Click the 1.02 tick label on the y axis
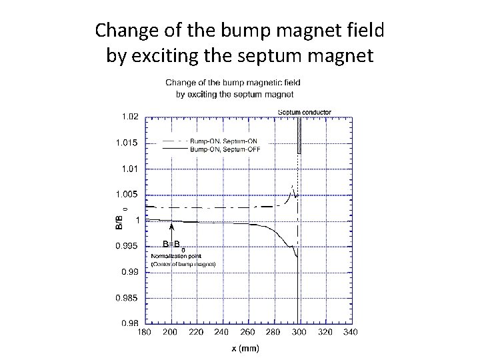pyautogui.click(x=131, y=117)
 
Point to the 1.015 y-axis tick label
pyautogui.click(x=129, y=143)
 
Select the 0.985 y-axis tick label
pyautogui.click(x=129, y=297)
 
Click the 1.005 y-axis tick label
pyautogui.click(x=129, y=194)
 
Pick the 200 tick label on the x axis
pyautogui.click(x=171, y=331)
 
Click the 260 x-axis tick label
pyautogui.click(x=247, y=331)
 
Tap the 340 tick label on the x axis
pyautogui.click(x=350, y=331)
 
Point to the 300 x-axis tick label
pyautogui.click(x=299, y=331)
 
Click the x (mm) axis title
pyautogui.click(x=245, y=348)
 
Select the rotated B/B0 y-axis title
pyautogui.click(x=119, y=219)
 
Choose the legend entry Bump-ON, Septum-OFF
pyautogui.click(x=225, y=149)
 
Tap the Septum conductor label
pyautogui.click(x=304, y=111)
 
